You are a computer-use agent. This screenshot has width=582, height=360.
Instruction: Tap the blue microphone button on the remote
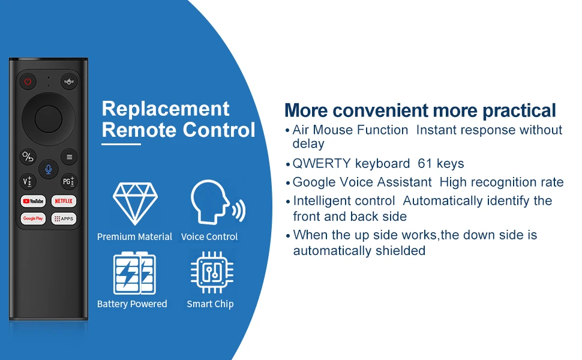[48, 170]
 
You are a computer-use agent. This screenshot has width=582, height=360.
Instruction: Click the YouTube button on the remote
[33, 201]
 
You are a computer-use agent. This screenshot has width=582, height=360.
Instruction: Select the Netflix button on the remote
[64, 201]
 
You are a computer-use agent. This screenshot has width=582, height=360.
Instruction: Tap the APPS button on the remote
[64, 218]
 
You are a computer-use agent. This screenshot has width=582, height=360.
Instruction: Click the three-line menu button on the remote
[69, 157]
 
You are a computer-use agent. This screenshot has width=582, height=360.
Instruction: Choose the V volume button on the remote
[28, 181]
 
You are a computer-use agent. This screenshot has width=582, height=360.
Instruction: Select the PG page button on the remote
[69, 181]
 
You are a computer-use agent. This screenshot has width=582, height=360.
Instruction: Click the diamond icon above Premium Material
[135, 204]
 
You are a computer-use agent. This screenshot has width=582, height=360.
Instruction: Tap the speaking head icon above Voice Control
[218, 202]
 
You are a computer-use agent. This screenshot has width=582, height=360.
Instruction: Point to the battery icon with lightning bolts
[134, 273]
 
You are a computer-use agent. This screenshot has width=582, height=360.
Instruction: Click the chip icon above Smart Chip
[212, 272]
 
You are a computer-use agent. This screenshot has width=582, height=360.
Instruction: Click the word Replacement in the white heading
[166, 109]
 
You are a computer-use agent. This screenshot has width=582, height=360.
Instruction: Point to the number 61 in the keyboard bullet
[425, 163]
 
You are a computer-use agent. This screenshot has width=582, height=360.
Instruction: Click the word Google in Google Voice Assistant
[314, 182]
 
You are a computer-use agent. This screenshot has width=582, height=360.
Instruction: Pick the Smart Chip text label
[210, 304]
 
